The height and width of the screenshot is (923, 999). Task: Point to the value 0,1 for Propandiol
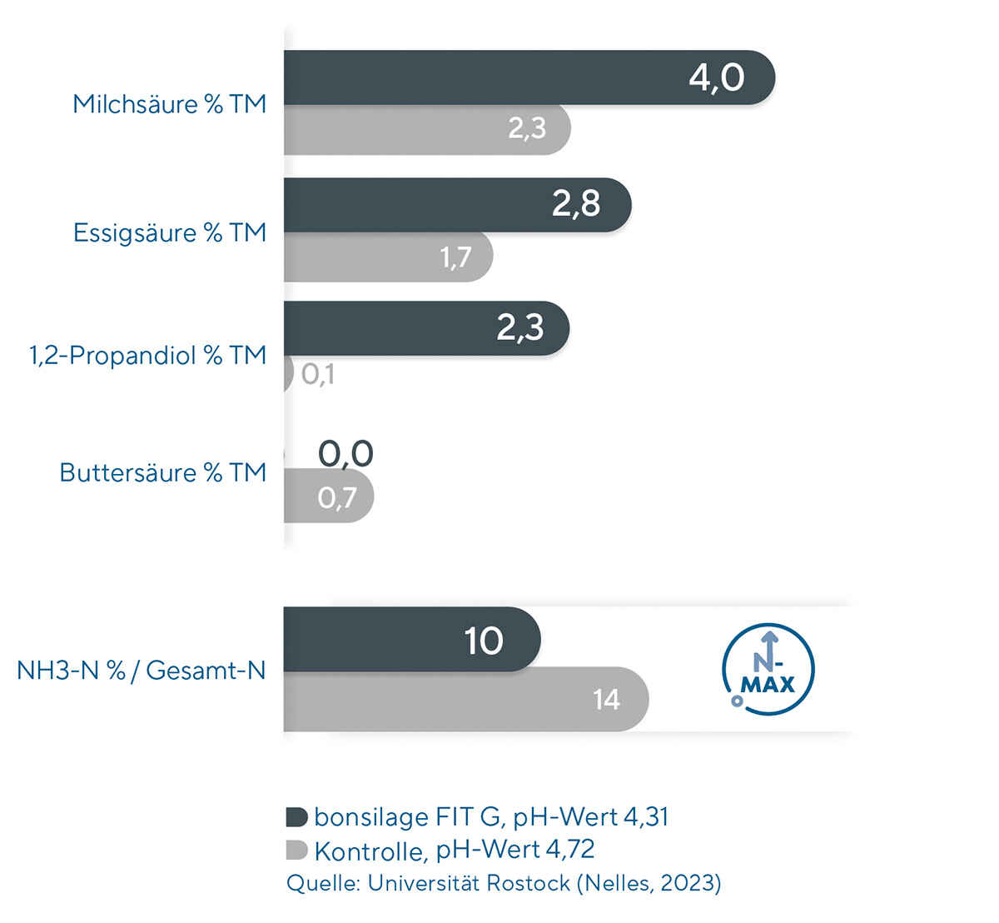click(318, 375)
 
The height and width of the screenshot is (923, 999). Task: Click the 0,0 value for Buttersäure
click(345, 454)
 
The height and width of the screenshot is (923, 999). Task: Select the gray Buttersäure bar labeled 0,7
click(328, 497)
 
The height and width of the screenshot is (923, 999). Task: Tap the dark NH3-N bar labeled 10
click(410, 640)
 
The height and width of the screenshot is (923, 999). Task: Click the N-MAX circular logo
click(768, 670)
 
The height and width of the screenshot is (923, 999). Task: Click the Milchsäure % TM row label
click(169, 104)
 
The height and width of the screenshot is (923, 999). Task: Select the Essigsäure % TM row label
click(169, 232)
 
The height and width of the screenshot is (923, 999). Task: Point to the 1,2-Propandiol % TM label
click(147, 356)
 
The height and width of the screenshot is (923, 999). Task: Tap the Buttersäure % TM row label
click(162, 472)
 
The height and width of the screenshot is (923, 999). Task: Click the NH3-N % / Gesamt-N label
click(141, 670)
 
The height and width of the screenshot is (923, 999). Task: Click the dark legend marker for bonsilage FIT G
click(296, 816)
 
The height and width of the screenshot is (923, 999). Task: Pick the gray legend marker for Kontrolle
click(296, 850)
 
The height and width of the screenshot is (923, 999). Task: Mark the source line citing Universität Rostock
click(503, 883)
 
